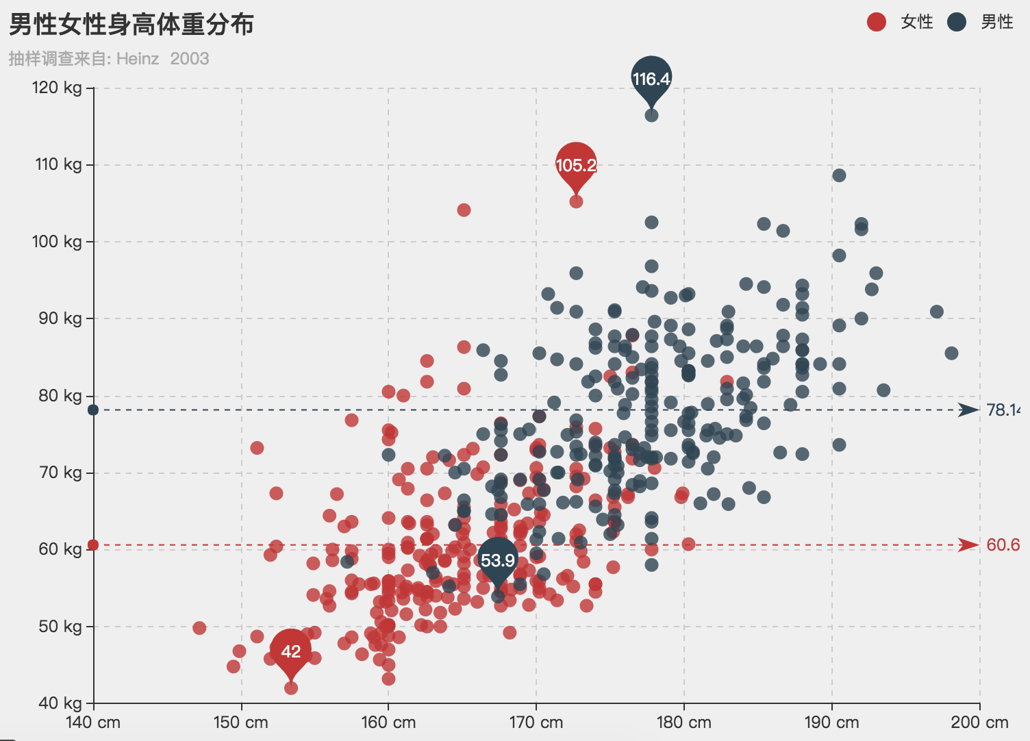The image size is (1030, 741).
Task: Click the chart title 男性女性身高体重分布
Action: click(x=131, y=25)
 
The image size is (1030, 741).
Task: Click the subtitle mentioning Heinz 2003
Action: click(x=109, y=59)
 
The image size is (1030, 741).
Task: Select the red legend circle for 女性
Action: click(x=876, y=22)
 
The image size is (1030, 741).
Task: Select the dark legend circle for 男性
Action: click(x=956, y=22)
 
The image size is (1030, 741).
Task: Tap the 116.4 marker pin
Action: click(x=651, y=78)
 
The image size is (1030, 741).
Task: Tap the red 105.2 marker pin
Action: click(x=576, y=164)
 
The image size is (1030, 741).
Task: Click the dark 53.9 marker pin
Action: click(x=498, y=560)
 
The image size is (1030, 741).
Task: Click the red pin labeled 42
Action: click(x=291, y=651)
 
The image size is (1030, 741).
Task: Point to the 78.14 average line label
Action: click(x=1003, y=410)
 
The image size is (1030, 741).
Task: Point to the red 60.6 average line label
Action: click(x=1003, y=545)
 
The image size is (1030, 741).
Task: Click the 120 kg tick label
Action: click(x=57, y=88)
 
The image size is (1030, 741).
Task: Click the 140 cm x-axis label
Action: click(x=93, y=723)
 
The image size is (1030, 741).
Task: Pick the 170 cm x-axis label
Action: click(x=536, y=723)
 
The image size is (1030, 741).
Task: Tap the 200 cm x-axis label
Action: click(x=979, y=723)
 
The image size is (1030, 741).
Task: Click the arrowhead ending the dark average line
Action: click(x=969, y=410)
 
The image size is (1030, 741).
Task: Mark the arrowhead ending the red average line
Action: click(x=969, y=545)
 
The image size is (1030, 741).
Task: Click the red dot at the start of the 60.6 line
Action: click(x=93, y=545)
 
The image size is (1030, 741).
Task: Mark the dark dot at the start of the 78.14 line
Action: click(x=93, y=410)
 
